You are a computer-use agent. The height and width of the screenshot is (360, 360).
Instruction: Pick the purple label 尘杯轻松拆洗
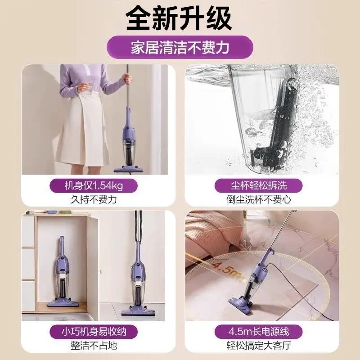[x=262, y=185]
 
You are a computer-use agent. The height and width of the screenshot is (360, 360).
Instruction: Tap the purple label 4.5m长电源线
[x=262, y=332]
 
